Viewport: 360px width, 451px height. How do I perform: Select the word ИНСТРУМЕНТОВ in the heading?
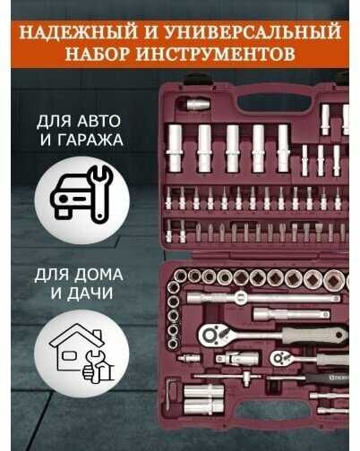216,54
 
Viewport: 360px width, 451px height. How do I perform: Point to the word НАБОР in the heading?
98,54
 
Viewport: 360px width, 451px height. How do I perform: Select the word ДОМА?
99,275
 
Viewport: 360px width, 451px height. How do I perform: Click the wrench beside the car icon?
99,194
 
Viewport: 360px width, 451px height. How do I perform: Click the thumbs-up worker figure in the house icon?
97,368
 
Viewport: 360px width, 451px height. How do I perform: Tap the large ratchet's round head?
210,335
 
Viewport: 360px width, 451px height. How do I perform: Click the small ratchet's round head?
279,357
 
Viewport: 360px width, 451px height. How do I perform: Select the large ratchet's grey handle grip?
315,335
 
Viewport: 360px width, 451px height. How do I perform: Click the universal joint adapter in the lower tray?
237,358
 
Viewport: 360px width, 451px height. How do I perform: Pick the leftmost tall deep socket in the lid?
175,149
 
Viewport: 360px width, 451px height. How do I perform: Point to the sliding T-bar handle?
227,377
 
